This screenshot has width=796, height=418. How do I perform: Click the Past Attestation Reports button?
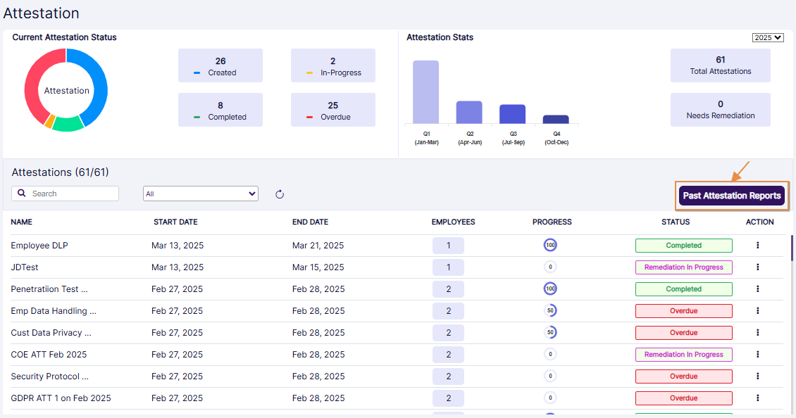pyautogui.click(x=731, y=196)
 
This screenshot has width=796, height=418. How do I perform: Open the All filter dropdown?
pyautogui.click(x=200, y=194)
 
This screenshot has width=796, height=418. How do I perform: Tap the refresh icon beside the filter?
pyautogui.click(x=280, y=194)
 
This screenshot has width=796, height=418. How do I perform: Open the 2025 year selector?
pyautogui.click(x=768, y=38)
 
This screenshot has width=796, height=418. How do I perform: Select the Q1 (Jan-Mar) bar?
pyautogui.click(x=425, y=92)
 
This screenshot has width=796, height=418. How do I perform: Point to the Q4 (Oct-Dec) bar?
pyautogui.click(x=556, y=120)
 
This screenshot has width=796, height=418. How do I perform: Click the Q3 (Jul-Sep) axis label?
pyautogui.click(x=513, y=138)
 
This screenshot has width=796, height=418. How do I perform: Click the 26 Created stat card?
pyautogui.click(x=220, y=66)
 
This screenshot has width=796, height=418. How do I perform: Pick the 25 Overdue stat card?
pyautogui.click(x=332, y=110)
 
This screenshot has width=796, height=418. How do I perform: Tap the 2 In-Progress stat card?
pyautogui.click(x=332, y=66)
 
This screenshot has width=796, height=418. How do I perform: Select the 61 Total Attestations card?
pyautogui.click(x=720, y=65)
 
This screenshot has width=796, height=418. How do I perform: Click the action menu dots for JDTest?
pyautogui.click(x=757, y=267)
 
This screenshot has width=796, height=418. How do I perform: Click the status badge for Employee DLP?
pyautogui.click(x=683, y=246)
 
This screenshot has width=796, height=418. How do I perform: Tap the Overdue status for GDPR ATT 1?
pyautogui.click(x=683, y=398)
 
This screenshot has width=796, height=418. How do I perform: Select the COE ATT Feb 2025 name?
pyautogui.click(x=49, y=355)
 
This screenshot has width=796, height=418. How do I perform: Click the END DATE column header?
pyautogui.click(x=310, y=222)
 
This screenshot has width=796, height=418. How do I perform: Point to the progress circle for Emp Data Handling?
pyautogui.click(x=550, y=311)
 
